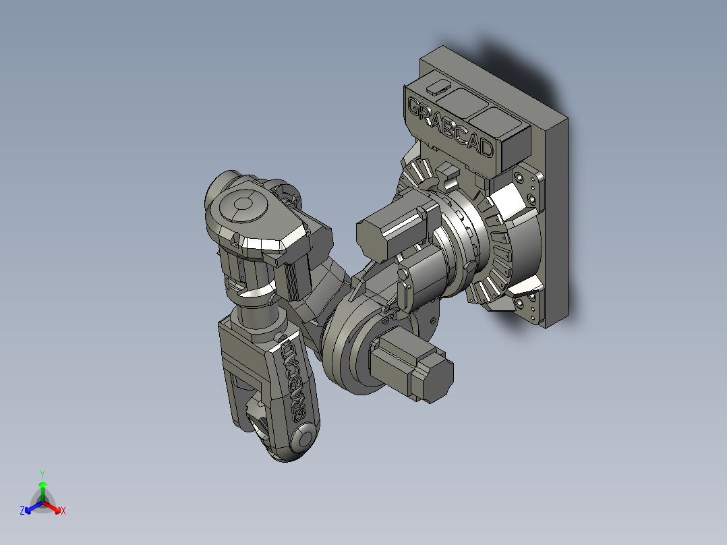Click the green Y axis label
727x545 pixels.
(42, 474)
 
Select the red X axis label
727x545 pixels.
(63, 511)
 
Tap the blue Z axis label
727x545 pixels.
(22, 511)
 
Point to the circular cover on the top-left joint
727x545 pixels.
(241, 205)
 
